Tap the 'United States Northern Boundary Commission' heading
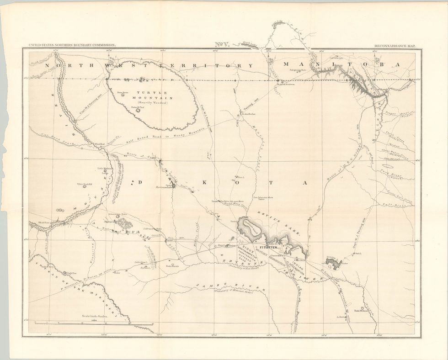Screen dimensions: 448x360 tap(72, 46)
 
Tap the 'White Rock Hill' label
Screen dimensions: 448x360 tap(85, 185)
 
